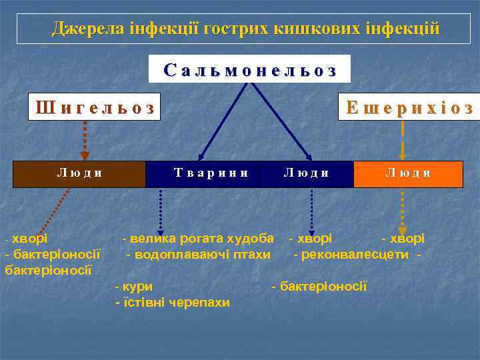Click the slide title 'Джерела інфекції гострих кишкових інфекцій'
tap(246, 29)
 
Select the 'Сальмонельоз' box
tap(249, 69)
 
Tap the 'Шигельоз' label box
tap(95, 107)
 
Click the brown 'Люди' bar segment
tap(80, 173)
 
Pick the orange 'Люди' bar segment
tap(408, 173)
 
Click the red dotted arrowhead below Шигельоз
tap(85, 155)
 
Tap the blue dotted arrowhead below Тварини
tap(160, 230)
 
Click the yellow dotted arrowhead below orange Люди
tap(402, 230)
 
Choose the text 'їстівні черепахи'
tap(176, 303)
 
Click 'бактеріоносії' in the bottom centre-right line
tap(323, 287)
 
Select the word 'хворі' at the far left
tap(29, 238)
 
